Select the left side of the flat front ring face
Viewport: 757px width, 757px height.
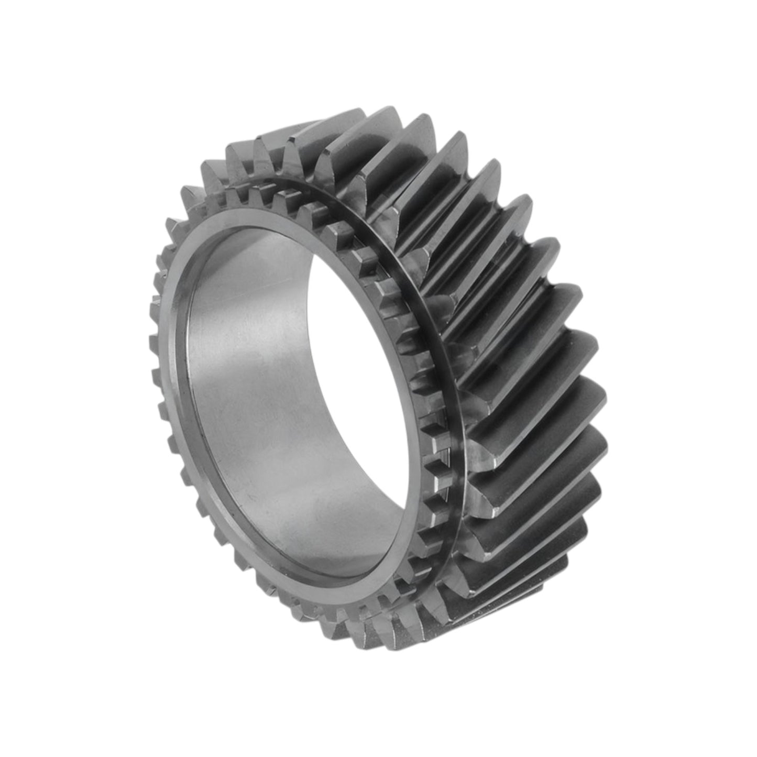click(175, 367)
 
